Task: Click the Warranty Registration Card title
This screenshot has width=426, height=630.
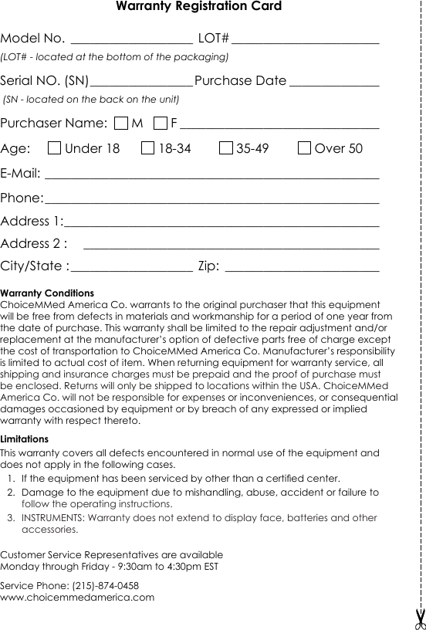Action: (x=198, y=7)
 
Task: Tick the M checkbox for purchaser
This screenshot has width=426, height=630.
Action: (x=121, y=124)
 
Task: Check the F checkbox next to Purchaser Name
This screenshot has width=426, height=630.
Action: (x=161, y=124)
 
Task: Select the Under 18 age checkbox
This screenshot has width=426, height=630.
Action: (x=54, y=148)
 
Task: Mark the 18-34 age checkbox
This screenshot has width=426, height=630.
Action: (x=148, y=148)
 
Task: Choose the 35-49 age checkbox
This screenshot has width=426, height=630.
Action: (x=226, y=148)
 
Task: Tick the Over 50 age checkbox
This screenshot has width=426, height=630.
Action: (x=304, y=148)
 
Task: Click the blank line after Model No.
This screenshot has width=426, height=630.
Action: (x=131, y=40)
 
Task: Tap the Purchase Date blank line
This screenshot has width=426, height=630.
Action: (x=334, y=83)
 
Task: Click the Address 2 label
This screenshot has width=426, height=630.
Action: (x=34, y=244)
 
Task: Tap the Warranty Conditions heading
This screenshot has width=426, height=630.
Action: (x=48, y=294)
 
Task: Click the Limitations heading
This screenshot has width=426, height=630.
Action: (x=25, y=439)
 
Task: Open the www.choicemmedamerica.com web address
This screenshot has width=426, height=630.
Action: (x=77, y=598)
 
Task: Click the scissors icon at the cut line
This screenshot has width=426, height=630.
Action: (x=420, y=618)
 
